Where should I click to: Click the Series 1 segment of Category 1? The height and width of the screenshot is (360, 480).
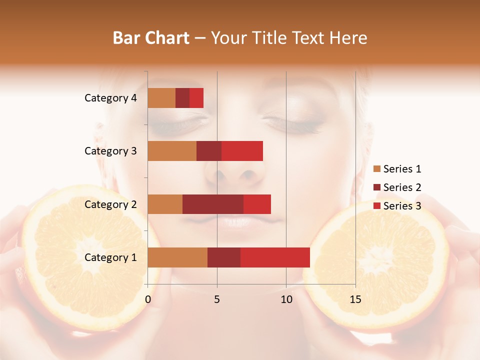click(177, 257)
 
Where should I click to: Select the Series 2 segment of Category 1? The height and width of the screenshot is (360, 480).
click(224, 257)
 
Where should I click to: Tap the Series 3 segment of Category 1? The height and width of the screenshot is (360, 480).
click(275, 257)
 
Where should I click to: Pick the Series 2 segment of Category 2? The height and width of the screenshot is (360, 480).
click(213, 204)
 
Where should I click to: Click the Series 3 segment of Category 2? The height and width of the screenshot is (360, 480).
click(257, 204)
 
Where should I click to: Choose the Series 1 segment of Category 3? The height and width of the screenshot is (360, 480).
click(172, 151)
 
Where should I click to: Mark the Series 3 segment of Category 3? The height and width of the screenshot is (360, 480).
click(242, 151)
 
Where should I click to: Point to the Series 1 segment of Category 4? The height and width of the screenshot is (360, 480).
click(161, 98)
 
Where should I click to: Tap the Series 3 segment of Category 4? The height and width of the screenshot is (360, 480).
click(196, 98)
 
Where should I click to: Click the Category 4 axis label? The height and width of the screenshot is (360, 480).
click(110, 98)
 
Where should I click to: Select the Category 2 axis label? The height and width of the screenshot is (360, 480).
click(110, 204)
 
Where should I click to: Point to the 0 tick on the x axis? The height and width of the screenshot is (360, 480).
click(148, 299)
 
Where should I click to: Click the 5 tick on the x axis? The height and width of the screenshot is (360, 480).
click(217, 299)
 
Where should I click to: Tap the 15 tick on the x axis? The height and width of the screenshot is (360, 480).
click(355, 299)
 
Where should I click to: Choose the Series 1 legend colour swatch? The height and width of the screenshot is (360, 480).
click(376, 169)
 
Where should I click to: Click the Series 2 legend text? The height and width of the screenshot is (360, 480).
click(402, 187)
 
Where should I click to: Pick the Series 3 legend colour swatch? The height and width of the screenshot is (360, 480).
click(376, 206)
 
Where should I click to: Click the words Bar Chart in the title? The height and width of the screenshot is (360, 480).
click(151, 38)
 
